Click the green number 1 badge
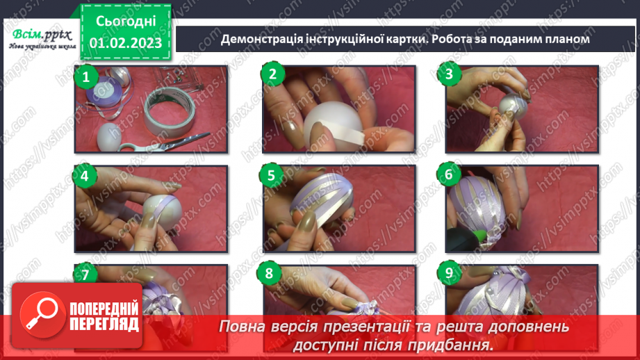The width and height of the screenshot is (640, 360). [85, 76]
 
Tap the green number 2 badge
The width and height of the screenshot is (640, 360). [272, 74]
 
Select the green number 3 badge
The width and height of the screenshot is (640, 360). [449, 74]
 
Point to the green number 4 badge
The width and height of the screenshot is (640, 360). [85, 176]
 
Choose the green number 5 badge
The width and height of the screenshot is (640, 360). [271, 176]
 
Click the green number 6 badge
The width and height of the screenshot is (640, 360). [449, 174]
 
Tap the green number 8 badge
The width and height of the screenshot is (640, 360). [269, 273]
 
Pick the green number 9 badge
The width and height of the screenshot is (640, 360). [449, 272]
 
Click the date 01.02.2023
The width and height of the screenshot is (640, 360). [126, 43]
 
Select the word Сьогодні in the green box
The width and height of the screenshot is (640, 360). [126, 21]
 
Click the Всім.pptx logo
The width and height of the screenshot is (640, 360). [42, 39]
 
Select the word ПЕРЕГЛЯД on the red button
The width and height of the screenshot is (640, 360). [104, 325]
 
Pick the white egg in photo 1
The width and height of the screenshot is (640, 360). [108, 137]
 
